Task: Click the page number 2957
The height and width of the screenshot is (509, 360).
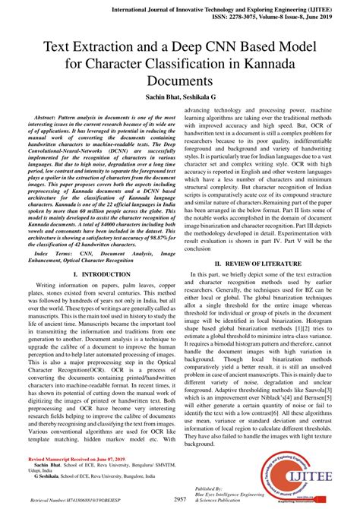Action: (x=180, y=499)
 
